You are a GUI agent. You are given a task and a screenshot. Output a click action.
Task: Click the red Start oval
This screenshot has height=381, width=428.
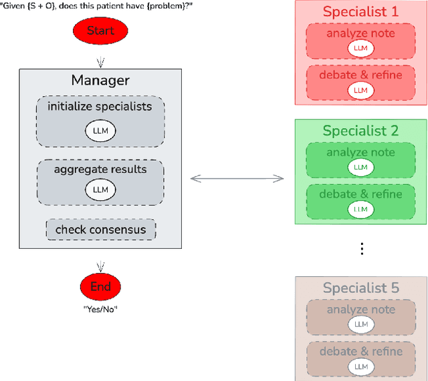click(100, 31)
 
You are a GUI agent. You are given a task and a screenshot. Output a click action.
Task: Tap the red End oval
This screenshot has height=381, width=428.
click(100, 287)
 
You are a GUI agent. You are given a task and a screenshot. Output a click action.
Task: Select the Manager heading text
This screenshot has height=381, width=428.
click(100, 81)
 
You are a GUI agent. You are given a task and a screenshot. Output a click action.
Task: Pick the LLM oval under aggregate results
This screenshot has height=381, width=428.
click(100, 189)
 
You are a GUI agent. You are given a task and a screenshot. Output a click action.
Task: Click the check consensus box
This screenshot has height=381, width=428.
click(100, 230)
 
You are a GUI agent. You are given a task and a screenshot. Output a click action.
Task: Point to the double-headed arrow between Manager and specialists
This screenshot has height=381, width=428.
click(237, 178)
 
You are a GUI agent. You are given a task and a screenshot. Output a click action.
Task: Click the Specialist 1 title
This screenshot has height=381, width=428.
click(360, 12)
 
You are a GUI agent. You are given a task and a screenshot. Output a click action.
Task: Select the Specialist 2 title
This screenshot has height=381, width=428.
click(360, 131)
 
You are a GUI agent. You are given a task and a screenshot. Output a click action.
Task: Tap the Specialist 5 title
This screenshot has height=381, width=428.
click(360, 288)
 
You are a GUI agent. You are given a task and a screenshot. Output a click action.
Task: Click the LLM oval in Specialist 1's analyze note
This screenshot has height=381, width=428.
click(360, 49)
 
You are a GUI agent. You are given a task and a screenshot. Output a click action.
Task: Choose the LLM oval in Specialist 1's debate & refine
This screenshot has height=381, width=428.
click(360, 89)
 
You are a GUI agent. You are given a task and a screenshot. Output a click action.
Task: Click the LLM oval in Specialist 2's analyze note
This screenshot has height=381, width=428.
click(360, 167)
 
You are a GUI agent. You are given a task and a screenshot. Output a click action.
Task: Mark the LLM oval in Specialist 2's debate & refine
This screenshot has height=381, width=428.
click(360, 208)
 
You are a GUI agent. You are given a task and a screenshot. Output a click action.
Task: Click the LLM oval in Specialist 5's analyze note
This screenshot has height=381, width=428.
click(360, 324)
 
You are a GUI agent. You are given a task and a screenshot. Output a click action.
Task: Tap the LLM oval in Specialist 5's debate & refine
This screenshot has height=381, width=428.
click(360, 366)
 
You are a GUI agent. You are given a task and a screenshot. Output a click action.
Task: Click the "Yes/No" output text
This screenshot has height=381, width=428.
click(100, 309)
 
